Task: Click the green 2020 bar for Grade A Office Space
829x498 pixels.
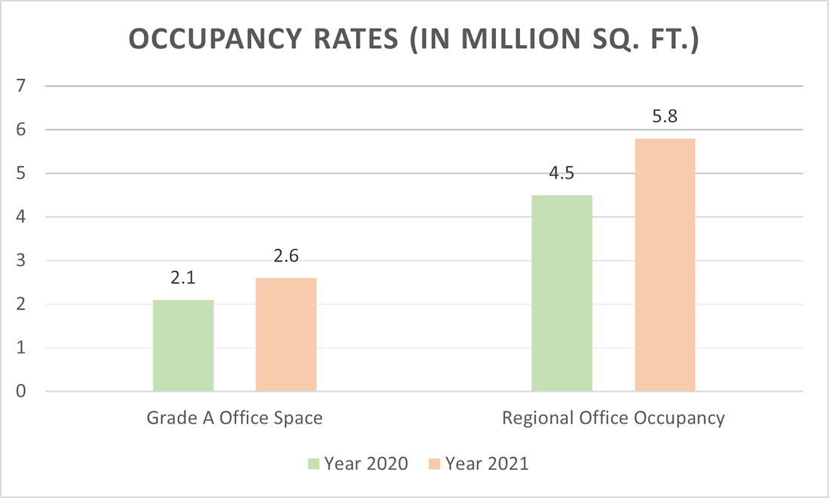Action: [x=183, y=346]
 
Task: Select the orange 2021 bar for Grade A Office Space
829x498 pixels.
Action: [x=286, y=335]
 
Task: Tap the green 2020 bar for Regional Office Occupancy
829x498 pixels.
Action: [x=561, y=293]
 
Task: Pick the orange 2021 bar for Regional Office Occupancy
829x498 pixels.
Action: [x=665, y=265]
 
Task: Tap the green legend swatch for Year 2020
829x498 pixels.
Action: [x=314, y=463]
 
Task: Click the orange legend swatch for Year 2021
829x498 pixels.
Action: [x=434, y=463]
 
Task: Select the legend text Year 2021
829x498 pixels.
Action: [x=487, y=463]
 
